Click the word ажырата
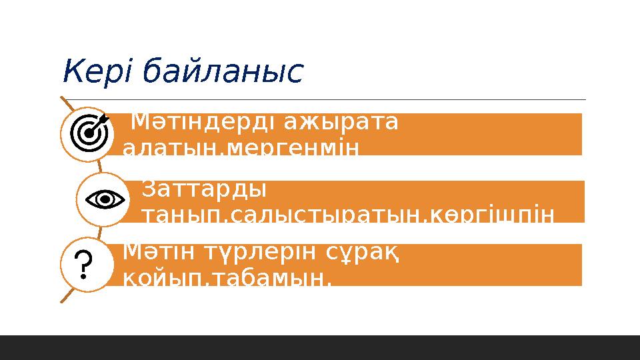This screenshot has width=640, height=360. coord(341,123)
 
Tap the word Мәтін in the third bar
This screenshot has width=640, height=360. coord(155,253)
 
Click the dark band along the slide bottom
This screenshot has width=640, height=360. coord(320,347)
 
